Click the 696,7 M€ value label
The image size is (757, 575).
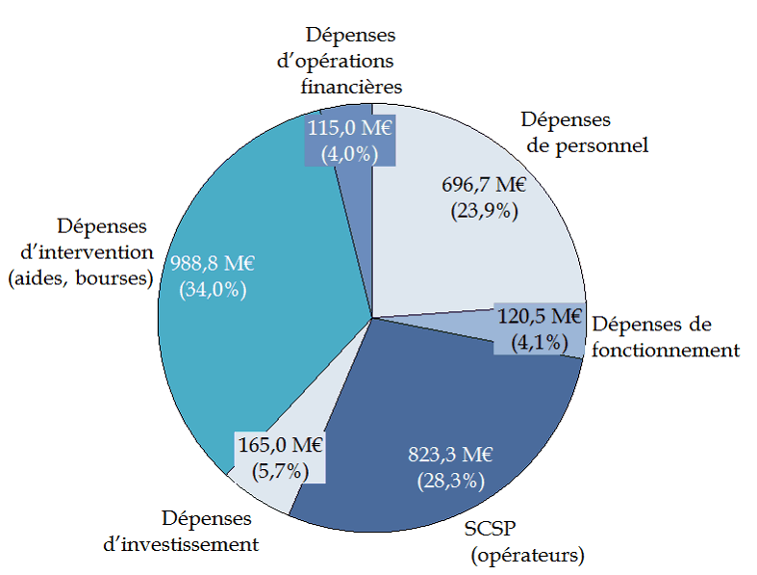[x=484, y=185]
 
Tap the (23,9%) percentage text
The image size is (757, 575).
[x=484, y=211]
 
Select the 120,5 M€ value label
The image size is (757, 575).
[x=540, y=317]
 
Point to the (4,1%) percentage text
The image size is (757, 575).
[x=540, y=342]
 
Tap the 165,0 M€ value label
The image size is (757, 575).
[x=279, y=446]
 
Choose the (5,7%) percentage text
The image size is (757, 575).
[x=279, y=471]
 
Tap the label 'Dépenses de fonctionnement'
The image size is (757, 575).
[x=665, y=337]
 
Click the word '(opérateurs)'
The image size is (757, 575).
[x=528, y=556]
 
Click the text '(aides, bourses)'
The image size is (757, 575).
[x=81, y=278]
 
